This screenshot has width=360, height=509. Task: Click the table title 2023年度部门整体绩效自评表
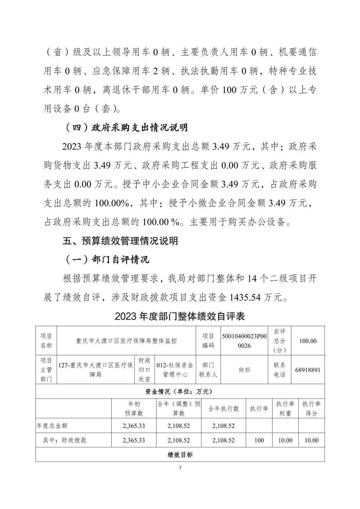point(180,316)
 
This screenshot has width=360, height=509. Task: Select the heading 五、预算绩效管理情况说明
point(120,241)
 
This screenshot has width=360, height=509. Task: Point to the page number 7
point(180,468)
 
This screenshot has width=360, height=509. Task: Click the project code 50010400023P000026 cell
point(244,341)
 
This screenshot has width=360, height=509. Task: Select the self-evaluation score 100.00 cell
point(308,341)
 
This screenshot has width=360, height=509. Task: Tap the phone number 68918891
point(308,370)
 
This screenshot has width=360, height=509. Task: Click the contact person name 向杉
point(244,370)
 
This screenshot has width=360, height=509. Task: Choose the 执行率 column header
point(259,409)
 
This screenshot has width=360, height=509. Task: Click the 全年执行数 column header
point(224,409)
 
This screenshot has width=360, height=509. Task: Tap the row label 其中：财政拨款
point(64,440)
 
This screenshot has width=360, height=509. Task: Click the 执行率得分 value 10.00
point(311,440)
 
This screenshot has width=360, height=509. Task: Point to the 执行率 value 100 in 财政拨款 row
point(259,440)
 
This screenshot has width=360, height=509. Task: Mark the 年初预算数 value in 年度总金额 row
point(134,426)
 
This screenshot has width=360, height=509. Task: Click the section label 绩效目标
point(180,455)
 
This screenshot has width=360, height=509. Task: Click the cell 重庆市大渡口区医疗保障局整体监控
point(126,341)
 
